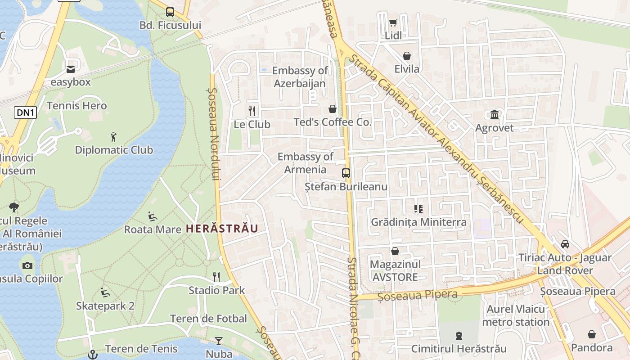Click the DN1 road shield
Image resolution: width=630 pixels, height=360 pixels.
pos(25,112)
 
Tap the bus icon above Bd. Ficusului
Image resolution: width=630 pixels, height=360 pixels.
pos(170,12)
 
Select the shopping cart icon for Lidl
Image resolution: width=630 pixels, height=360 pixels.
pos(393,22)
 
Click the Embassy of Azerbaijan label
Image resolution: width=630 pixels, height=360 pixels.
pos(300,77)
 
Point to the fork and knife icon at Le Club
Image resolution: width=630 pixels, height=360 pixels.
pos(252,111)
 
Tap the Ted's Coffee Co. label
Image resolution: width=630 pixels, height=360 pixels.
pos(333,122)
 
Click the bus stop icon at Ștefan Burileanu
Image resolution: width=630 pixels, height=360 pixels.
pos(346,173)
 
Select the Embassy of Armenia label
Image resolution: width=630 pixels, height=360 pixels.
pos(305,163)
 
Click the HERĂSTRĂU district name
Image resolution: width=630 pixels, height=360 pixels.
pos(222,229)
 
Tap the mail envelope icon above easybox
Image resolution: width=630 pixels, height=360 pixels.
pos(71,69)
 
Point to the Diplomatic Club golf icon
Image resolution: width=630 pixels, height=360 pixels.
pos(113,136)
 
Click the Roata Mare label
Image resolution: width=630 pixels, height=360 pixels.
pos(153,229)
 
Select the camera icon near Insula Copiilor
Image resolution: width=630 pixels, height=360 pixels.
pos(27,265)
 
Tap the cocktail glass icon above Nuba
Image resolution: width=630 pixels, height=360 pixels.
pos(219,341)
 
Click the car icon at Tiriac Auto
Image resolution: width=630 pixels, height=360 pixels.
pos(565,244)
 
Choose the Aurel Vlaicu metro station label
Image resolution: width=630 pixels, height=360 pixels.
pos(516,315)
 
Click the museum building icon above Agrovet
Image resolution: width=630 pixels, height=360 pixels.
pos(495,114)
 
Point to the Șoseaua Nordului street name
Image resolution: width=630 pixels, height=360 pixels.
pos(214,134)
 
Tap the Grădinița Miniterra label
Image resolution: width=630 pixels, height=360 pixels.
pos(418,222)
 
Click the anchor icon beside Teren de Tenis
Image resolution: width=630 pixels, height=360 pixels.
pos(92,355)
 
